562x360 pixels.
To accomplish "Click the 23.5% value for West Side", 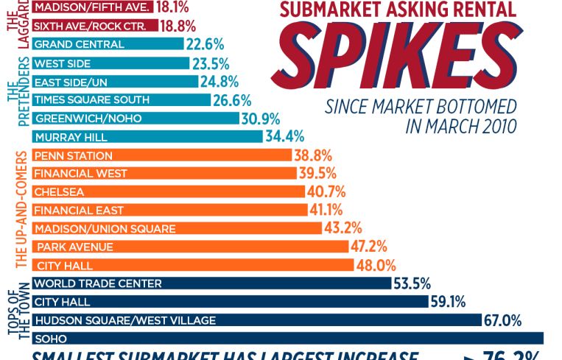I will coord(210,63).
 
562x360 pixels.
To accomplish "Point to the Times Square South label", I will coord(92,100).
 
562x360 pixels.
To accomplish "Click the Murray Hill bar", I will coord(147,137).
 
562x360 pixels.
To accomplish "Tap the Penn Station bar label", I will coord(74,156).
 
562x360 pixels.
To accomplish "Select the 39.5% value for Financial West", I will coord(318,174).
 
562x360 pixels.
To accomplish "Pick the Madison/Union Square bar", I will coord(177,228).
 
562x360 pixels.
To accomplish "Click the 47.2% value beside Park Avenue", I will coord(369,247).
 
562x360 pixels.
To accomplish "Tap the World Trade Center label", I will coord(98,283).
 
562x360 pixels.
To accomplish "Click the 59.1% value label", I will coord(450,302).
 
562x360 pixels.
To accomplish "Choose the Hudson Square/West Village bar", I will coord(258,320).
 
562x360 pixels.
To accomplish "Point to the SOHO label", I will coord(51,339).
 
